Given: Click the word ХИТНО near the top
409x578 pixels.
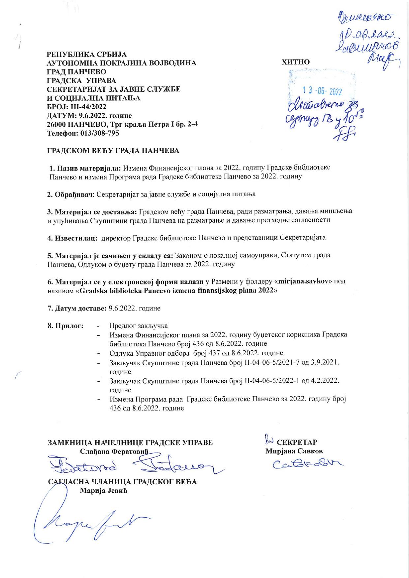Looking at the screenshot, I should pyautogui.click(x=296, y=62).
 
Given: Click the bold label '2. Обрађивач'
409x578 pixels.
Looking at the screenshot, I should pyautogui.click(x=71, y=194).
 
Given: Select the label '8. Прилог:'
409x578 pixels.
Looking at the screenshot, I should pyautogui.click(x=65, y=326).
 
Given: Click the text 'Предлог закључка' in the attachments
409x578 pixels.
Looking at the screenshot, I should pyautogui.click(x=139, y=326).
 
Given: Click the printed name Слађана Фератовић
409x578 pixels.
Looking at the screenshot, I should pyautogui.click(x=115, y=451).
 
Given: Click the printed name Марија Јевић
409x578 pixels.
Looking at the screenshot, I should pyautogui.click(x=104, y=491).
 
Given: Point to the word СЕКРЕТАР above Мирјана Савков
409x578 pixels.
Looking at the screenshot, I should pyautogui.click(x=297, y=442).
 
